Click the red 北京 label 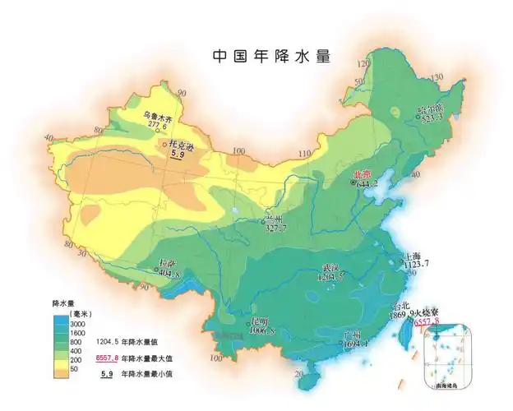[363, 173]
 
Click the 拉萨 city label [167, 264]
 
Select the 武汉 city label [330, 268]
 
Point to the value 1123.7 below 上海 [418, 265]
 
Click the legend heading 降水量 [62, 302]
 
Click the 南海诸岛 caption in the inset [450, 383]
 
